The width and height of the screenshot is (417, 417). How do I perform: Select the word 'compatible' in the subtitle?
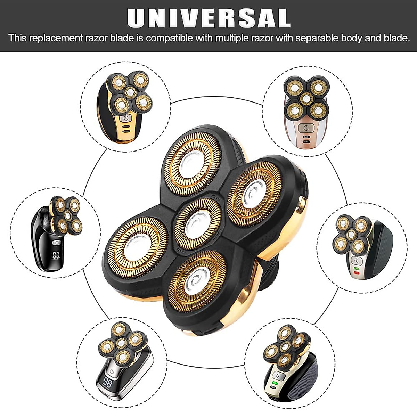point(169,38)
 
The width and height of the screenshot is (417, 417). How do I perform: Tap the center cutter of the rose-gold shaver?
point(305,98)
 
